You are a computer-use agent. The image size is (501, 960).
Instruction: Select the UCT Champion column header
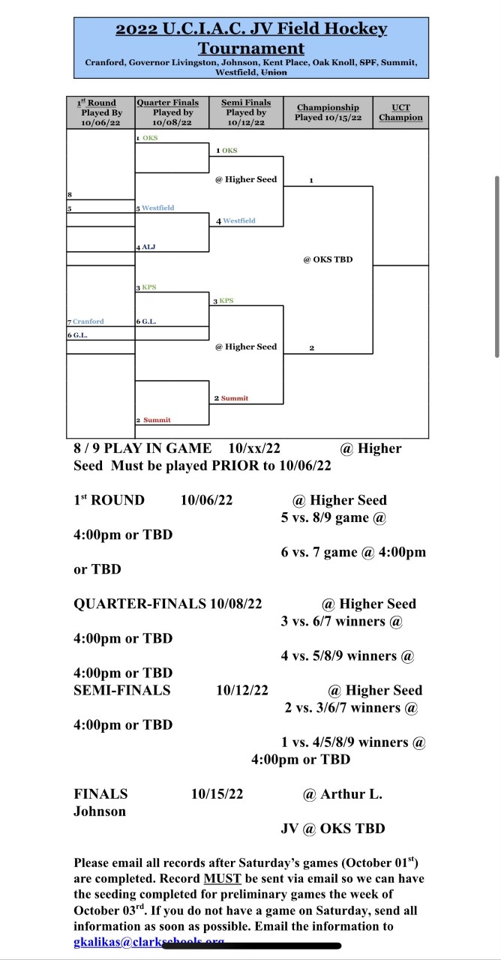click(x=400, y=112)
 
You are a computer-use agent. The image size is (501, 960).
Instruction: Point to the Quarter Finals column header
click(x=168, y=103)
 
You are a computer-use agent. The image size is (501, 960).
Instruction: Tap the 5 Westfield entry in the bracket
click(x=157, y=208)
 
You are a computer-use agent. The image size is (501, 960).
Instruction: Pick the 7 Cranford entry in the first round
click(x=88, y=321)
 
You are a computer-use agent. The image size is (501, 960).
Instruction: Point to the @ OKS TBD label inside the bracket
click(x=328, y=259)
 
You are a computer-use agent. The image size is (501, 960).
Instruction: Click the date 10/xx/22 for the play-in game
click(x=254, y=448)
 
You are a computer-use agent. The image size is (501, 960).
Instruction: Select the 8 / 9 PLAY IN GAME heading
click(x=142, y=448)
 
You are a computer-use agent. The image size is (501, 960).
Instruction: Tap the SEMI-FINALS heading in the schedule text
click(x=122, y=690)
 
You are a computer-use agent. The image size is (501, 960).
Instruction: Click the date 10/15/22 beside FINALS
click(x=217, y=793)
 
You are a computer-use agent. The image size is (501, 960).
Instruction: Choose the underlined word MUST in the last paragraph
click(x=220, y=878)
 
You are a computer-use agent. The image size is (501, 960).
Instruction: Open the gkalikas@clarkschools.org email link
click(x=148, y=941)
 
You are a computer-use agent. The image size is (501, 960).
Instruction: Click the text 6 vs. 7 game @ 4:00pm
click(x=353, y=552)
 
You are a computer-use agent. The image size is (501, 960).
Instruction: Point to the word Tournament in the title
click(x=251, y=49)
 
